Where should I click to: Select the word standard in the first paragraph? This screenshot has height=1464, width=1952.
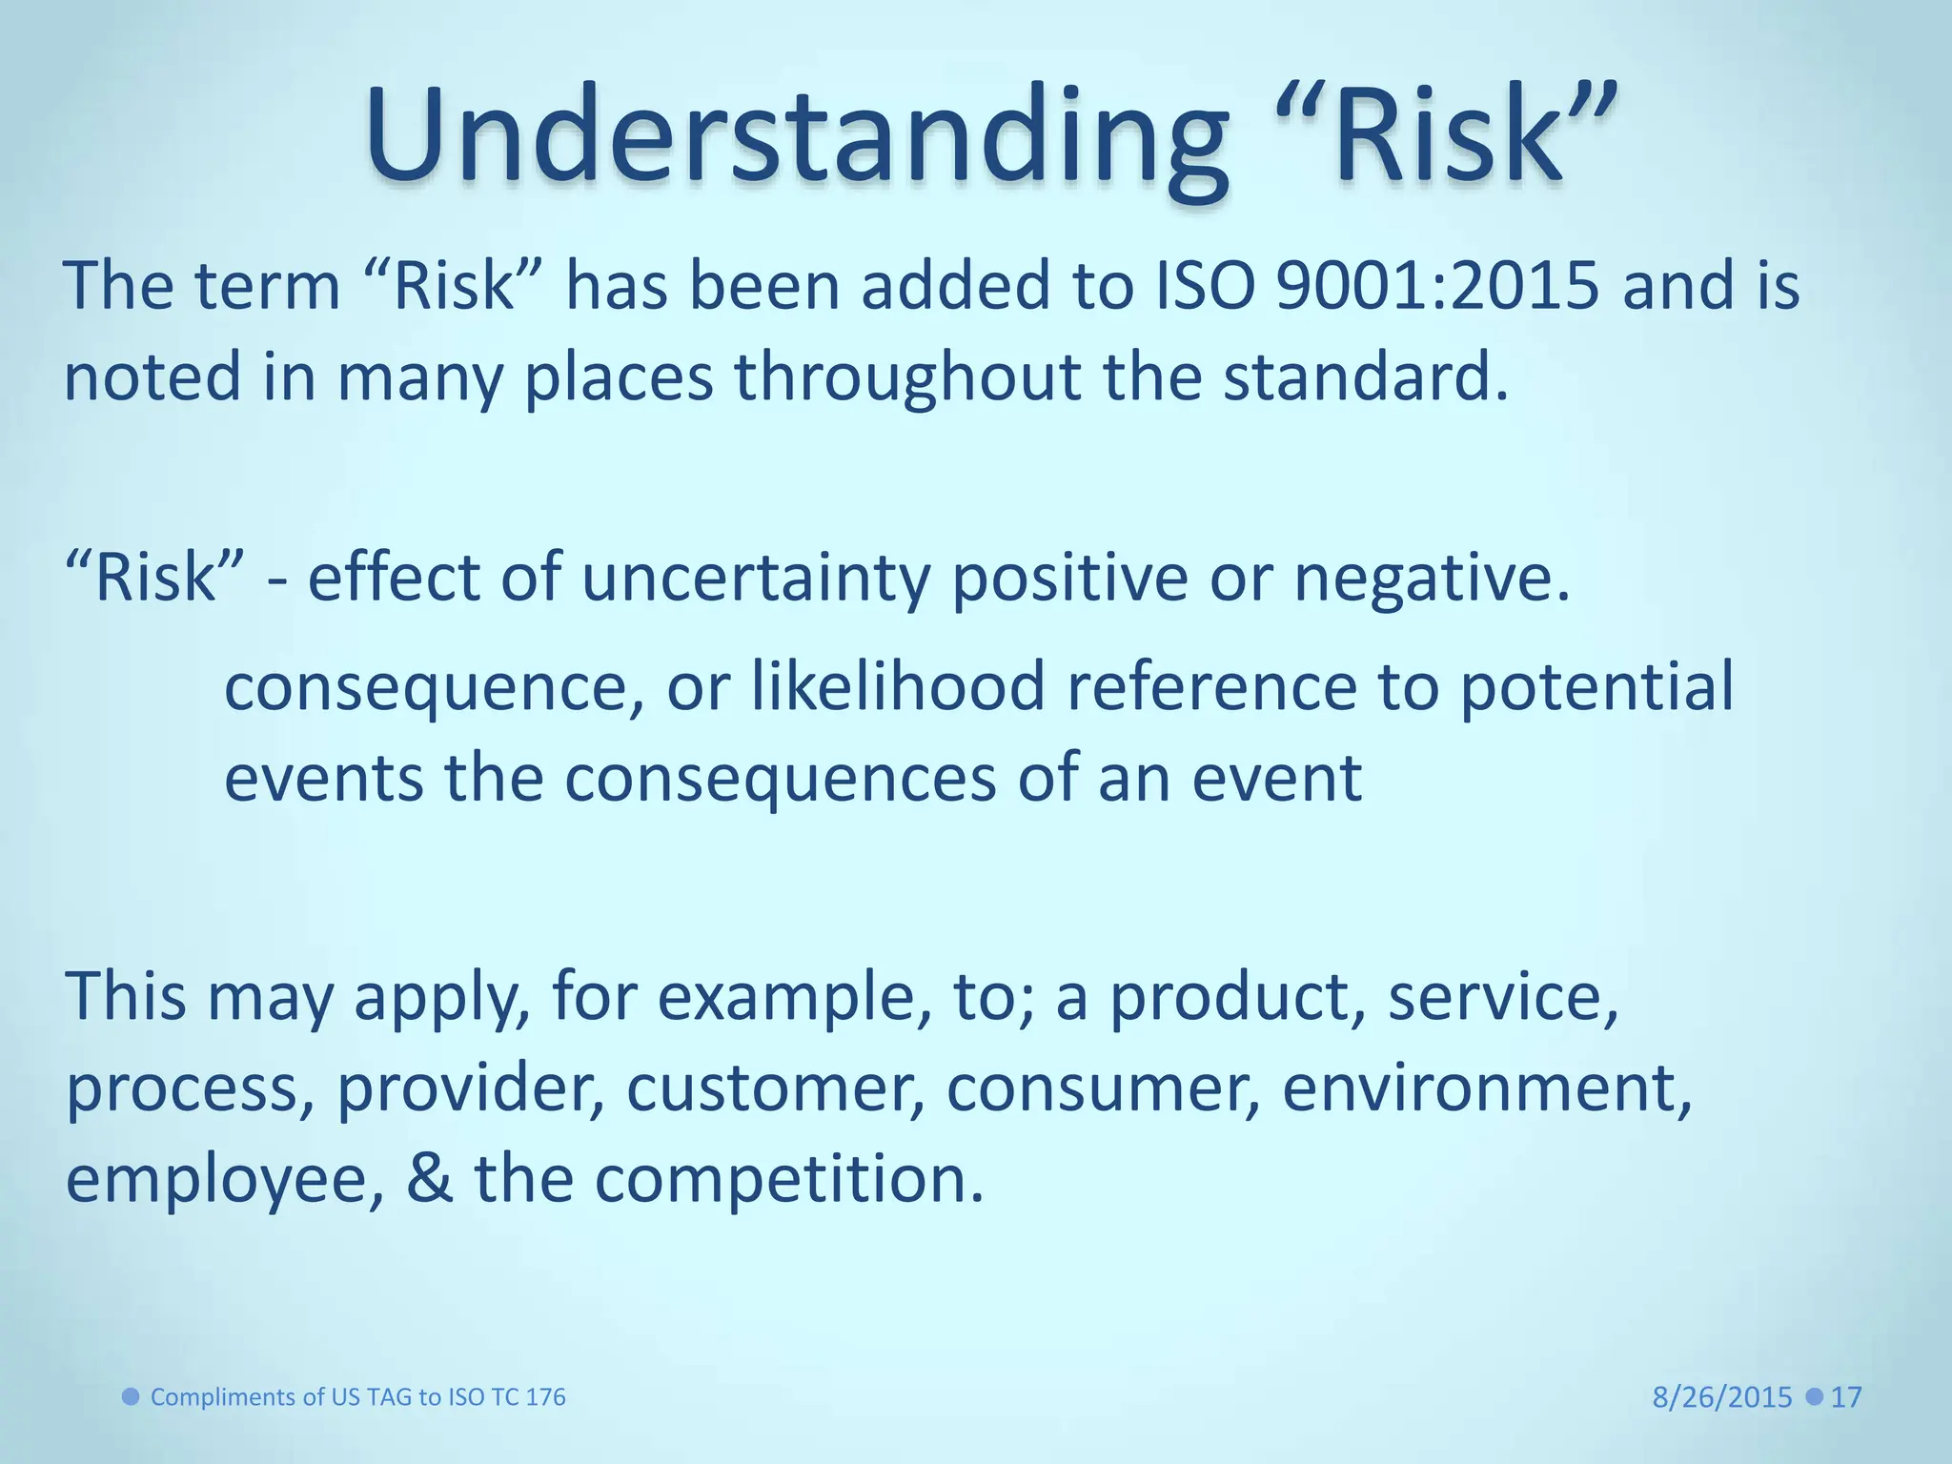coord(1365,376)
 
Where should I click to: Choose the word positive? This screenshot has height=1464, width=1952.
coord(1069,579)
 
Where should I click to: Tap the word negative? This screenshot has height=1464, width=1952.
coord(1430,579)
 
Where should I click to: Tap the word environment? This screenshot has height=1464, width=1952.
coord(1486,1088)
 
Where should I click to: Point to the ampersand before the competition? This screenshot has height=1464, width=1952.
coord(430,1178)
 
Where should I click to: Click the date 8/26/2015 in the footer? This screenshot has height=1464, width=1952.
coord(1722,1397)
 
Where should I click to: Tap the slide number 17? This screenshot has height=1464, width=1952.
coord(1846,1397)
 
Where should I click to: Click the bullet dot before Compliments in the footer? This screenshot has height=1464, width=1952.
coord(132,1396)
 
